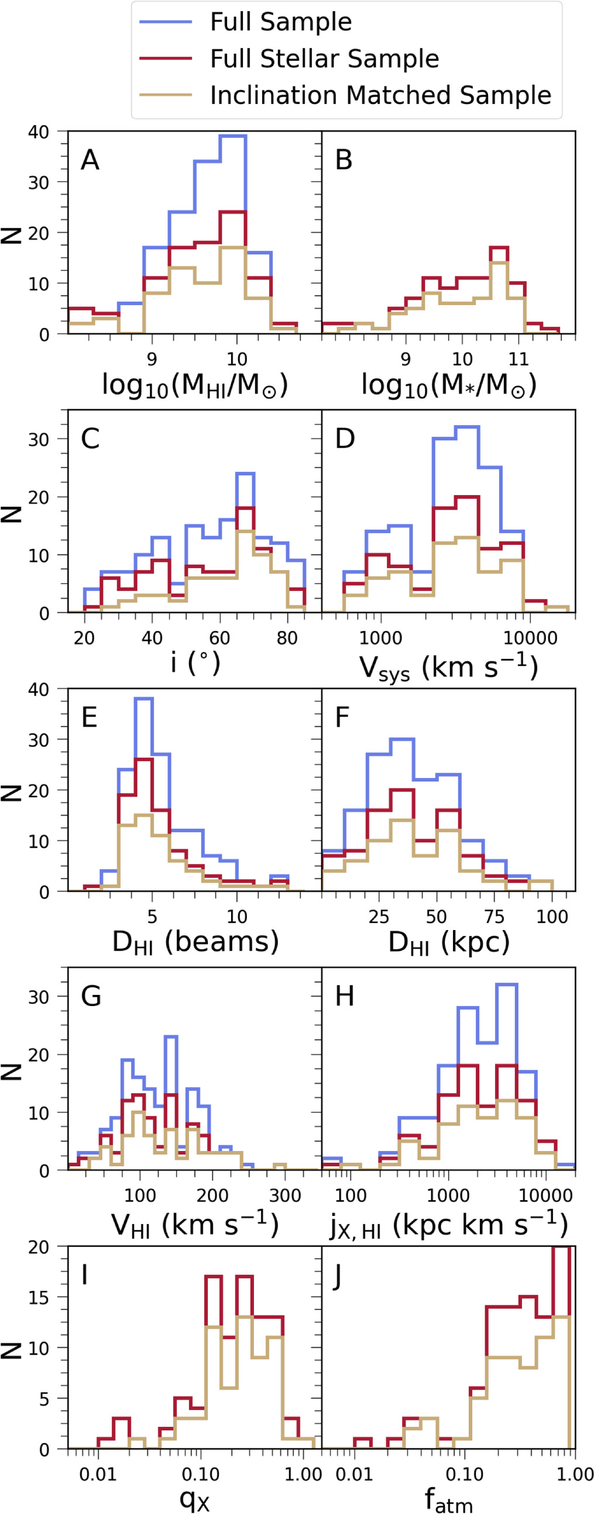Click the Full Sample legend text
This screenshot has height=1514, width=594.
280,22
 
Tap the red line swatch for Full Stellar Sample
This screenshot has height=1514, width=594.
165,59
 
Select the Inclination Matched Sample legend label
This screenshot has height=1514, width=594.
380,95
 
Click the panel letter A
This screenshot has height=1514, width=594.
90,160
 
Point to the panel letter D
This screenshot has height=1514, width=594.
345,438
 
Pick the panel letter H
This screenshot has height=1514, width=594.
345,996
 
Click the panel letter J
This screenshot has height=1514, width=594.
337,1274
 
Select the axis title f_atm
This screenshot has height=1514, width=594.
448,1501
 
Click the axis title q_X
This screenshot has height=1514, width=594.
195,1499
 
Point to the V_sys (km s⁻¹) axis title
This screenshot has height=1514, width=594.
448,666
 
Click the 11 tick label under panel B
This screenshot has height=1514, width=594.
518,358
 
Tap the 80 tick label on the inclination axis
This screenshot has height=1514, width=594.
287,637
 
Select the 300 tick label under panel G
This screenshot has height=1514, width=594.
284,1195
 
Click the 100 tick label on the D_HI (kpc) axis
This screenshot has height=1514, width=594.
552,916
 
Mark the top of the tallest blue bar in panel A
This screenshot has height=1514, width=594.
233,136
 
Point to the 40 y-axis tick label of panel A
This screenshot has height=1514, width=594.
39,132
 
